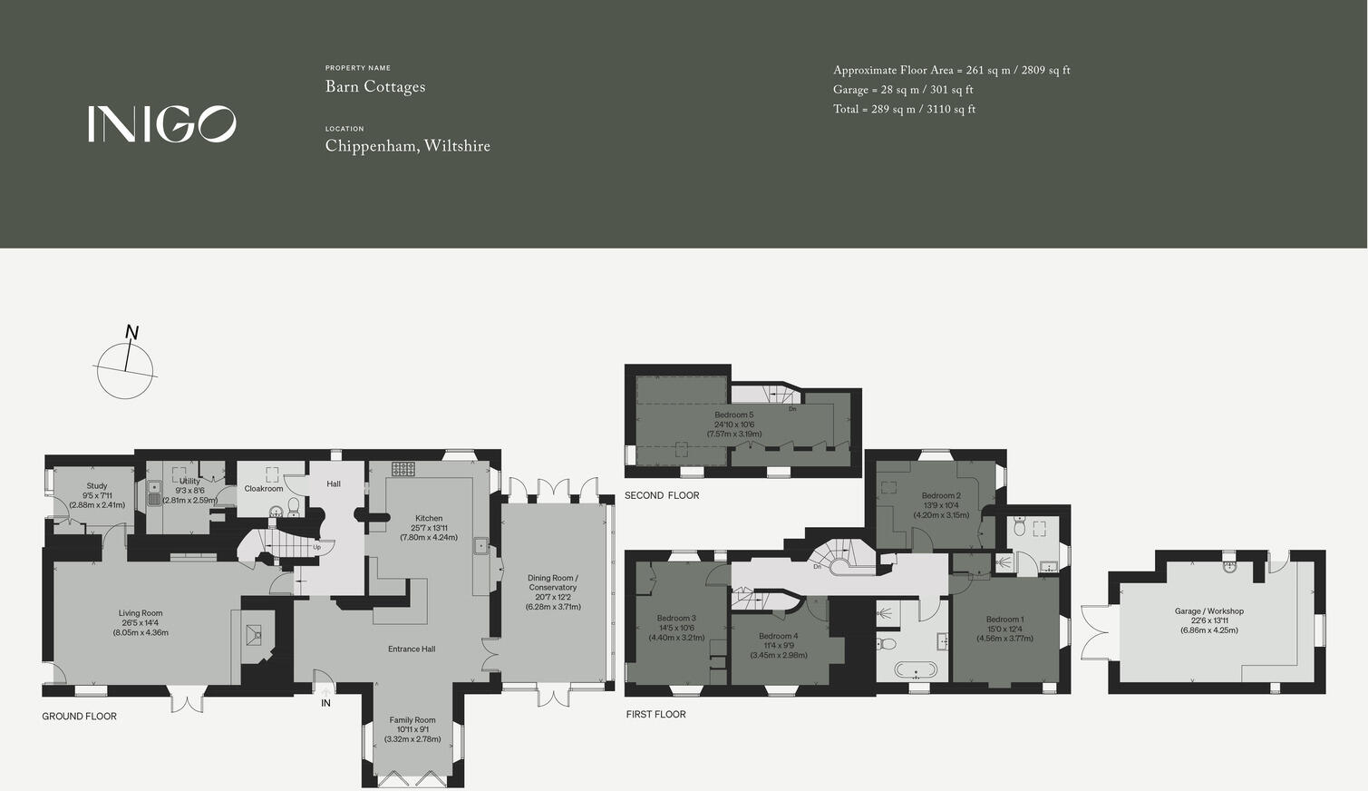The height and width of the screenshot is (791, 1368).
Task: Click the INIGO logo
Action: tap(161, 124)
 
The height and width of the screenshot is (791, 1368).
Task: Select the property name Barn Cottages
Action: tap(375, 87)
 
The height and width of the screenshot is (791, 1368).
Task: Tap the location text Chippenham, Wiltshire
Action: tap(407, 146)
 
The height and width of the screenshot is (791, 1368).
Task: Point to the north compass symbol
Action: tap(125, 365)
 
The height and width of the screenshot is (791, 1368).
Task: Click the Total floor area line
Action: tap(904, 110)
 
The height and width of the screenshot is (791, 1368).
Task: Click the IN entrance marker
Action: tap(325, 703)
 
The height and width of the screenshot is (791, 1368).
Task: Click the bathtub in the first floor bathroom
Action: tap(914, 672)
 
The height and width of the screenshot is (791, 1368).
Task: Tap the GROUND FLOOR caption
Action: tap(79, 717)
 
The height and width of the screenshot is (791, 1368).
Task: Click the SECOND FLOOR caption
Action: tap(662, 495)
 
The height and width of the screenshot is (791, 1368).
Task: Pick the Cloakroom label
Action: tap(264, 489)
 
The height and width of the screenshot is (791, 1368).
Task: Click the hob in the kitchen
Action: tap(403, 469)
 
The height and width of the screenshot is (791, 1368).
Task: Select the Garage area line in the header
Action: tap(903, 90)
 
